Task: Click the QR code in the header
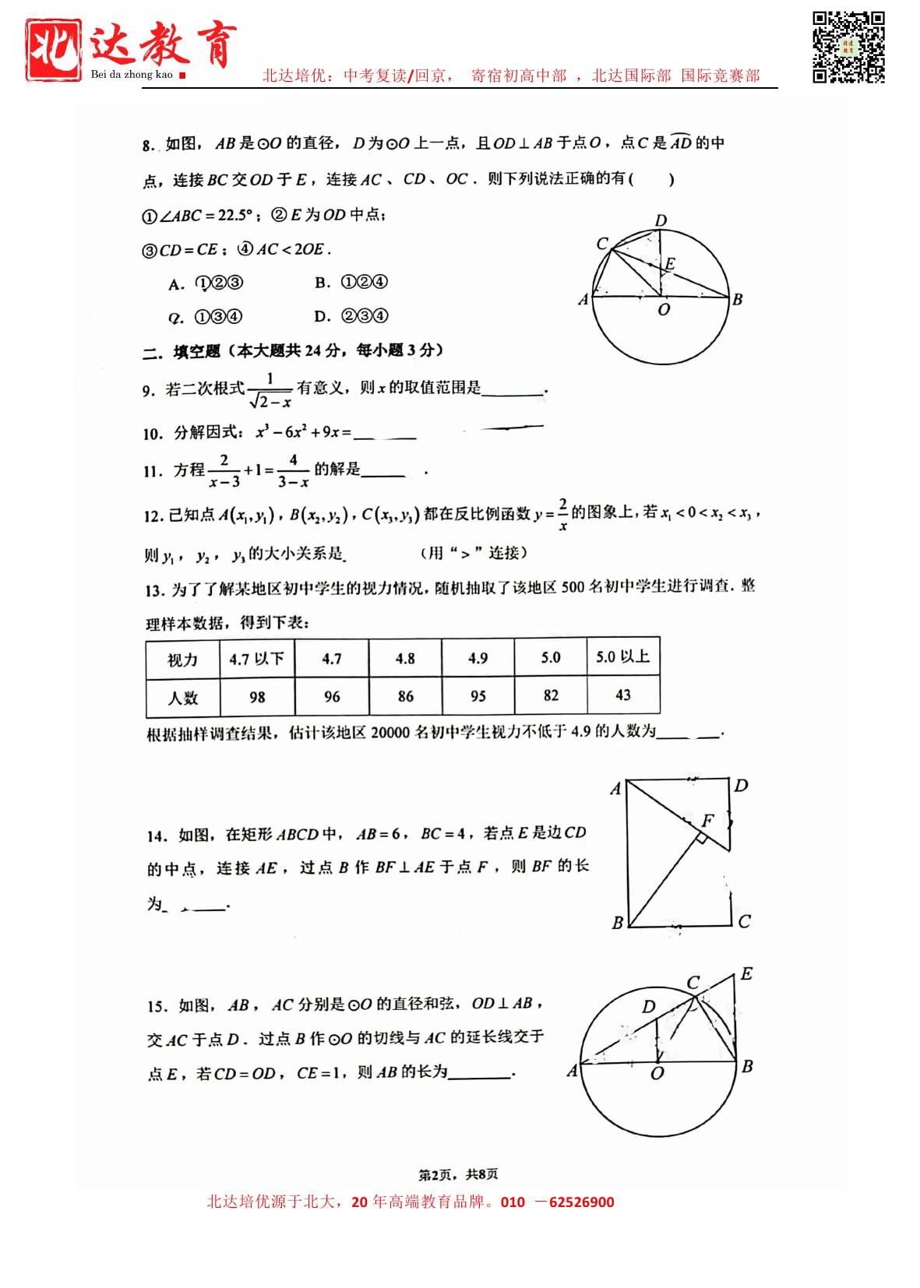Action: [x=848, y=47]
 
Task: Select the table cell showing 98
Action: [x=257, y=697]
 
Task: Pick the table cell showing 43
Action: [x=623, y=695]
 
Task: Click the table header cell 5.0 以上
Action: [x=623, y=656]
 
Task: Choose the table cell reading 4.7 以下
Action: [x=257, y=659]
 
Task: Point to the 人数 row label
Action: [x=183, y=698]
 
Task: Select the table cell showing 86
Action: [x=405, y=696]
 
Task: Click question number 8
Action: [x=148, y=146]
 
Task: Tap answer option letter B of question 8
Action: [x=323, y=283]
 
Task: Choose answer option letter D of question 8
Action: [x=322, y=316]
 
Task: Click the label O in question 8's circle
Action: [x=664, y=310]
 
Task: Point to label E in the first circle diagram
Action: [x=670, y=263]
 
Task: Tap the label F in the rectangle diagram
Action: [x=707, y=820]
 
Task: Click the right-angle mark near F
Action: [x=700, y=837]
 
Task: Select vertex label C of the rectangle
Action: [x=744, y=921]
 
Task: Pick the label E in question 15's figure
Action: [x=746, y=973]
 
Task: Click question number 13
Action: [x=154, y=590]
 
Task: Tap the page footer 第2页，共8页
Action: [x=458, y=1174]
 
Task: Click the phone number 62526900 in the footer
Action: [x=581, y=1202]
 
